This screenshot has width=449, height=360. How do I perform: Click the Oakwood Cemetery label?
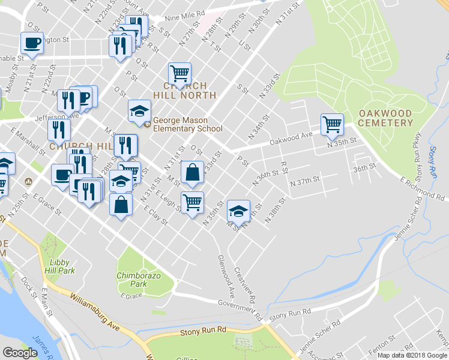pyautogui.click(x=385, y=118)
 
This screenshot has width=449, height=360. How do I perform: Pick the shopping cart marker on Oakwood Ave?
pyautogui.click(x=332, y=124)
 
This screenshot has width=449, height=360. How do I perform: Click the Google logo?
pyautogui.click(x=20, y=353)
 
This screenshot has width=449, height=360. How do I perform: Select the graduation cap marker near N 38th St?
pyautogui.click(x=238, y=211)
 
